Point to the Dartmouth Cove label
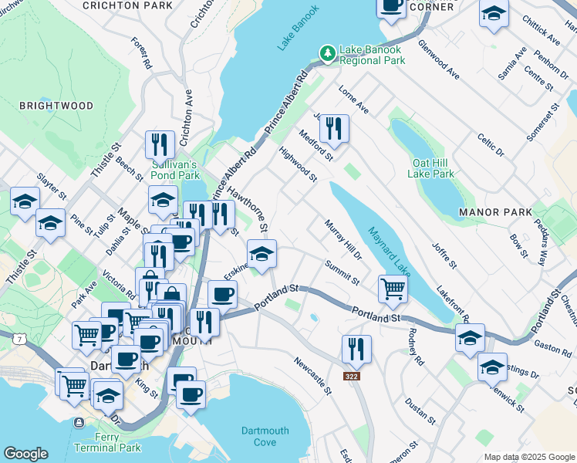coord(265,436)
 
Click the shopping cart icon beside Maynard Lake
coord(393,289)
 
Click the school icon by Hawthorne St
coord(262,253)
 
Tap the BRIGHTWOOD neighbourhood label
coord(56,106)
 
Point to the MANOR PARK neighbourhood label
coord(495,211)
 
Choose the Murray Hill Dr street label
coord(342,240)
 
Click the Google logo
coord(25,454)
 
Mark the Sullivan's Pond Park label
coord(174,170)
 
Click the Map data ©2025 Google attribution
coord(529,457)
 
